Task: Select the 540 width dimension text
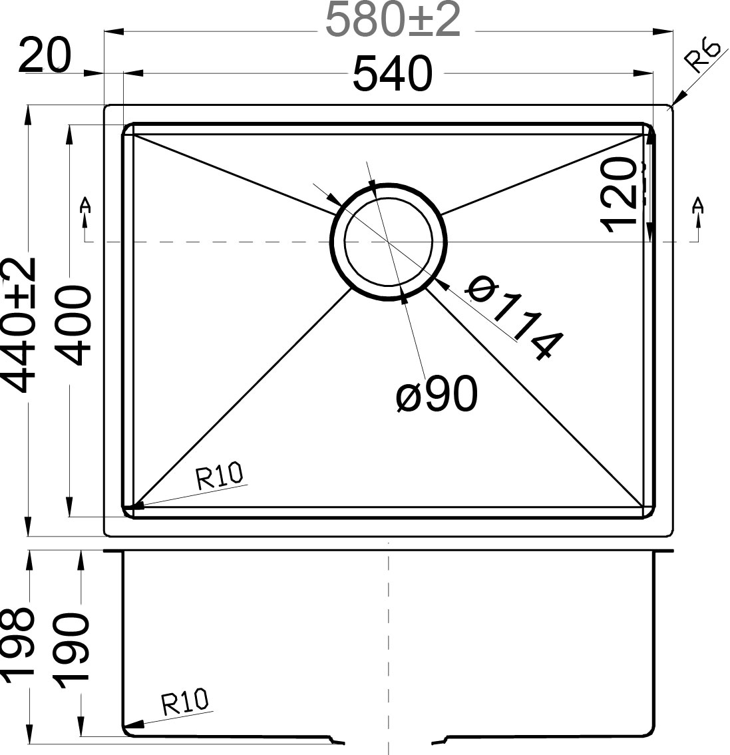point(392,74)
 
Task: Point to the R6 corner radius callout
point(703,57)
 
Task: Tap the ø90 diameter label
point(436,395)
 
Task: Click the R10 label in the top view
point(220,477)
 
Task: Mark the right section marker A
point(697,206)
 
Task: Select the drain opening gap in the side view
point(389,740)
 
